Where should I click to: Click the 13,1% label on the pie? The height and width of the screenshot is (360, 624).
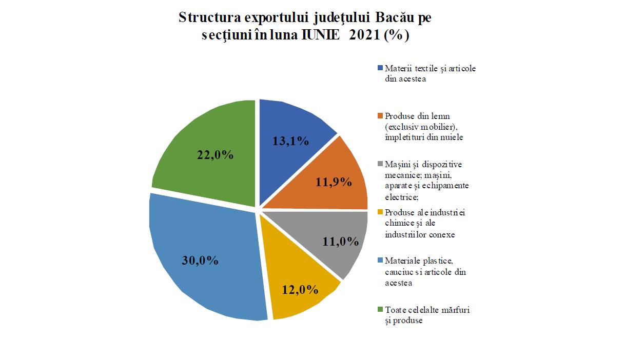pyautogui.click(x=290, y=141)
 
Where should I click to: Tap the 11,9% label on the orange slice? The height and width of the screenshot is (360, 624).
pyautogui.click(x=334, y=182)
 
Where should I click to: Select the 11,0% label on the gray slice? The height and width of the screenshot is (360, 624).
pyautogui.click(x=341, y=242)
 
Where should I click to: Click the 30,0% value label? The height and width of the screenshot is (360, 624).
pyautogui.click(x=200, y=261)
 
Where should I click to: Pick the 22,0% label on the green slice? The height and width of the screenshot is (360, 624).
pyautogui.click(x=216, y=155)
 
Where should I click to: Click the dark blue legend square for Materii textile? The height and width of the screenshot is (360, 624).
pyautogui.click(x=380, y=68)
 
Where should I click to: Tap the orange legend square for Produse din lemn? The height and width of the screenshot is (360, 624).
pyautogui.click(x=380, y=116)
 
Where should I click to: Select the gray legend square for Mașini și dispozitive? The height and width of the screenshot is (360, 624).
pyautogui.click(x=380, y=164)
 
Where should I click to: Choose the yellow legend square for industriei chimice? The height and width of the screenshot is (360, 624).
pyautogui.click(x=380, y=212)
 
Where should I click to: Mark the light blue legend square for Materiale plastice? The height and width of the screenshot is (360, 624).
pyautogui.click(x=380, y=261)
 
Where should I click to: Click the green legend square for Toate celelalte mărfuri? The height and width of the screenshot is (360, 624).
pyautogui.click(x=380, y=309)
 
